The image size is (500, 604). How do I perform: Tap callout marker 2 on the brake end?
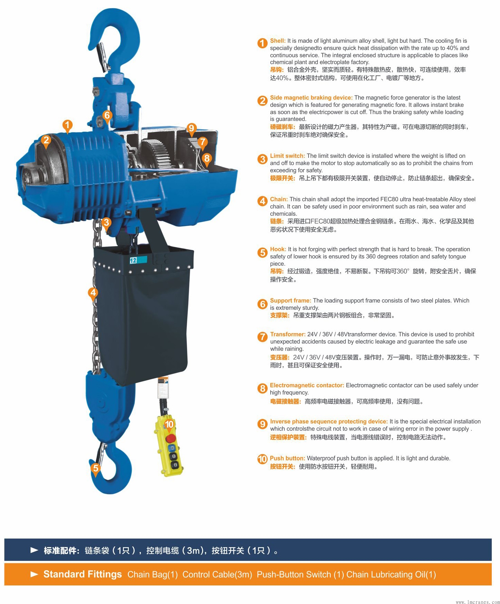click(46, 141)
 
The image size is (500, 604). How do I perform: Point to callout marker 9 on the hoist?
click(191, 129)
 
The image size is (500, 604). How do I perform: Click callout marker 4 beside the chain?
click(93, 293)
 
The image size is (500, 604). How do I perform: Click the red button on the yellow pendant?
click(171, 439)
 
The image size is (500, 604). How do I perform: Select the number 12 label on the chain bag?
click(133, 260)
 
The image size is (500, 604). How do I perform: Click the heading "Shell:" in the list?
click(278, 41)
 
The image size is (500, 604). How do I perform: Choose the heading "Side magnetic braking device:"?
click(311, 98)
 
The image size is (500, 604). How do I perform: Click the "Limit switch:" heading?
click(288, 156)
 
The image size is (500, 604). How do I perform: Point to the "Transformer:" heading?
click(288, 334)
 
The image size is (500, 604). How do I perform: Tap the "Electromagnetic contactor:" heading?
click(307, 385)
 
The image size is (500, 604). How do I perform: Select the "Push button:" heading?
click(288, 458)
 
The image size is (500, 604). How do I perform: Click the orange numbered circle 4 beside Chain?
click(262, 201)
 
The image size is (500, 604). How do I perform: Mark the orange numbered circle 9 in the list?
click(262, 424)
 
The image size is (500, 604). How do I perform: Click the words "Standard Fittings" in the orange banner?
click(83, 574)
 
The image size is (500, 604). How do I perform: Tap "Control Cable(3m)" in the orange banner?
click(217, 574)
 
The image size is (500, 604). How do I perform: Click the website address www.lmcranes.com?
click(477, 602)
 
